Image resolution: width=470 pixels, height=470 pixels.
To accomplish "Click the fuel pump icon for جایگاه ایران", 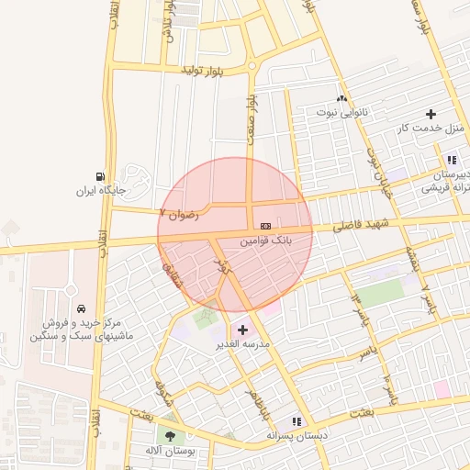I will point(99,176).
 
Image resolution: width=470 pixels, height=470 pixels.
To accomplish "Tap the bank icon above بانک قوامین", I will point(266,225).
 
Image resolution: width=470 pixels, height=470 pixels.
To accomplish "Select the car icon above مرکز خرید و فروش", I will point(83,308).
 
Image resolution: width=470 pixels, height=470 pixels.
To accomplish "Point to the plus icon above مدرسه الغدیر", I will point(242,330).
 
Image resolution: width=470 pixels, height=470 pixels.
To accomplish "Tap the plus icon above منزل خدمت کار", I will point(431,114).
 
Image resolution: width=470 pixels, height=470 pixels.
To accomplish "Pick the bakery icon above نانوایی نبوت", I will point(341,98).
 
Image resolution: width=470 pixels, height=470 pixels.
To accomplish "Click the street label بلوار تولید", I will point(202,70).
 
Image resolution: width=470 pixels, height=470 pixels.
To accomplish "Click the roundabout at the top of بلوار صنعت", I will point(251,66).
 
